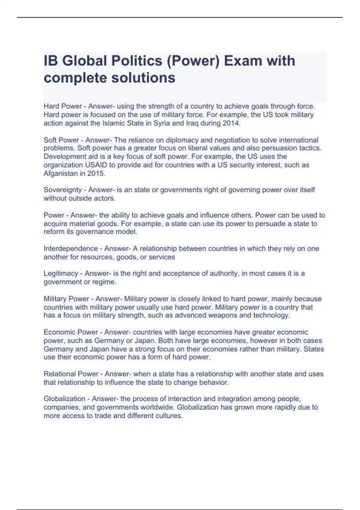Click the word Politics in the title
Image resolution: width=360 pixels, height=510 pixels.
136,61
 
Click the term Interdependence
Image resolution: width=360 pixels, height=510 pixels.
71,249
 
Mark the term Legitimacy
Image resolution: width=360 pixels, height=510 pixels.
61,274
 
